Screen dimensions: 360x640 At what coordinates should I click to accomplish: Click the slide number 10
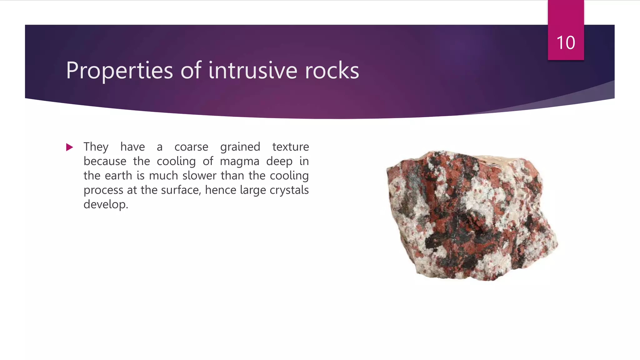(566, 42)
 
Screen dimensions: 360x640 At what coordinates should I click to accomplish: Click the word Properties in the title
(119, 71)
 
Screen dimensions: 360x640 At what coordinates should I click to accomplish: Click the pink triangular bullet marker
(69, 147)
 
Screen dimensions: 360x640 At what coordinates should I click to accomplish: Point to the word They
(96, 147)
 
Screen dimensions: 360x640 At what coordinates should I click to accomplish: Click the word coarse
(191, 147)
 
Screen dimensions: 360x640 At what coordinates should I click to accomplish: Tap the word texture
(290, 147)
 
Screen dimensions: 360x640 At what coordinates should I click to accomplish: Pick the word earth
(118, 176)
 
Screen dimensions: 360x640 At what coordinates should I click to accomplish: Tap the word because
(105, 161)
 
